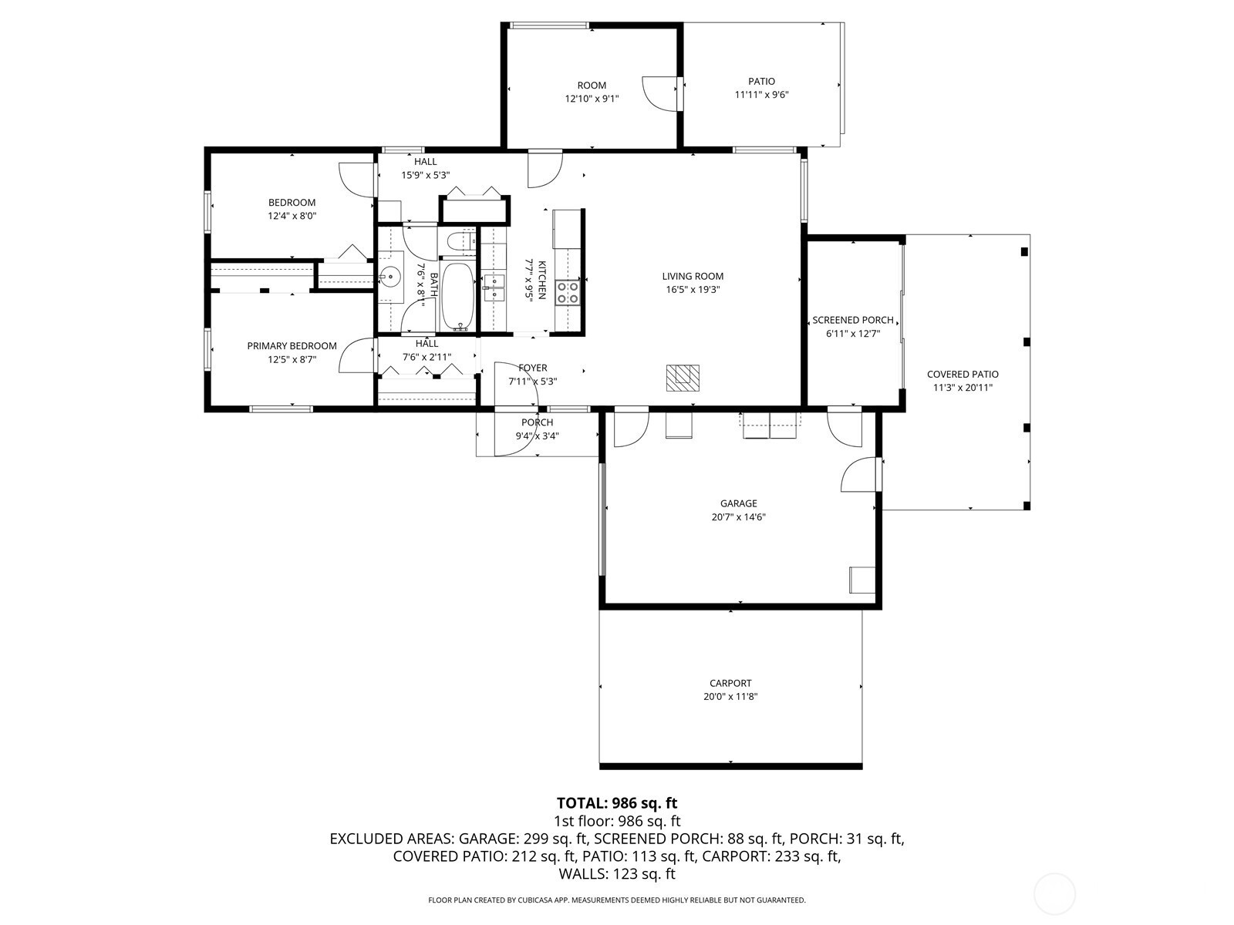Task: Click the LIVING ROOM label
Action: (692, 276)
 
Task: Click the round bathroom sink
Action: (389, 276)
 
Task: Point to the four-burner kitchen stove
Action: (567, 292)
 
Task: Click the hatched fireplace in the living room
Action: (683, 378)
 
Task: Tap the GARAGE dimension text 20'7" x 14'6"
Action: (738, 517)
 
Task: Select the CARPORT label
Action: (730, 684)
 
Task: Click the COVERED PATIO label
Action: (963, 375)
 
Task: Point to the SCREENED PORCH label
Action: (853, 320)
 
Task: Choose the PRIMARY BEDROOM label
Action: (292, 346)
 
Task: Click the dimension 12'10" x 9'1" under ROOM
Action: (592, 99)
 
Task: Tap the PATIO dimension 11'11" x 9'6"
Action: (761, 95)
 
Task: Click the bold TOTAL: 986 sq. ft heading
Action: (617, 802)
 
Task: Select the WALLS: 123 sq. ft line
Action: (617, 874)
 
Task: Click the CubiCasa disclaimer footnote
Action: (617, 900)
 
